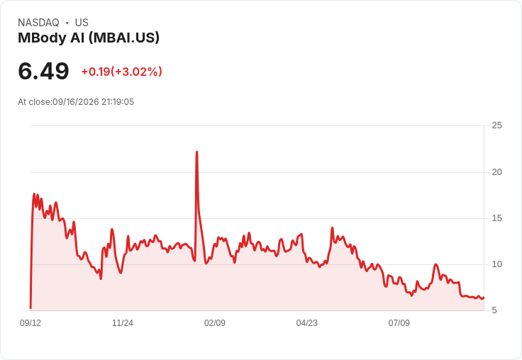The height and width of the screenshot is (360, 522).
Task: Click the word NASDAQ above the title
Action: [x=38, y=23]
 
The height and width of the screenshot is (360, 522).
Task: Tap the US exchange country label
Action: [x=82, y=23]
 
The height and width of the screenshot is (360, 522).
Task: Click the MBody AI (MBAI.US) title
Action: [x=89, y=38]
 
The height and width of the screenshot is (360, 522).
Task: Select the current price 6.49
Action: [x=43, y=71]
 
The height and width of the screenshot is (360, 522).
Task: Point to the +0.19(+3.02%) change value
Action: [x=121, y=72]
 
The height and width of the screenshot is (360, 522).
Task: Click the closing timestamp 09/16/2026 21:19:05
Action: [x=93, y=102]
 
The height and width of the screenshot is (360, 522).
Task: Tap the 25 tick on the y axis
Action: [x=496, y=125]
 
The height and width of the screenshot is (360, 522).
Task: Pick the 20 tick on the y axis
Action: [x=496, y=172]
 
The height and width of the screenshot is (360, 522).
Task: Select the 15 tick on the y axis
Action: [x=496, y=218]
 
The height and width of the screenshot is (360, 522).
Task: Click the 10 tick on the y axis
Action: [x=496, y=264]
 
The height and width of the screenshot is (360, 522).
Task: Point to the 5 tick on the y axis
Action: [x=494, y=310]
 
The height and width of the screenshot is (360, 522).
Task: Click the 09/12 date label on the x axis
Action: [x=30, y=323]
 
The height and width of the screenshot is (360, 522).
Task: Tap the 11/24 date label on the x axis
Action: [x=123, y=323]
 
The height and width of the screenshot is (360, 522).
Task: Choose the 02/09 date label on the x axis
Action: [x=215, y=323]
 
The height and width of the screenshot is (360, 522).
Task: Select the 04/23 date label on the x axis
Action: [x=307, y=323]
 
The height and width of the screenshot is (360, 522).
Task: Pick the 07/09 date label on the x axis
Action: [x=399, y=323]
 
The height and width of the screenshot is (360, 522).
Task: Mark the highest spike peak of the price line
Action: [x=196, y=152]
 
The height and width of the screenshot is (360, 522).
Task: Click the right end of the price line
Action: [x=484, y=298]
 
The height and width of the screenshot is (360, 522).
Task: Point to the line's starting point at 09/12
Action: [x=30, y=308]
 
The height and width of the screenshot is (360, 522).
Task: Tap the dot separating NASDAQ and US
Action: [x=67, y=23]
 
